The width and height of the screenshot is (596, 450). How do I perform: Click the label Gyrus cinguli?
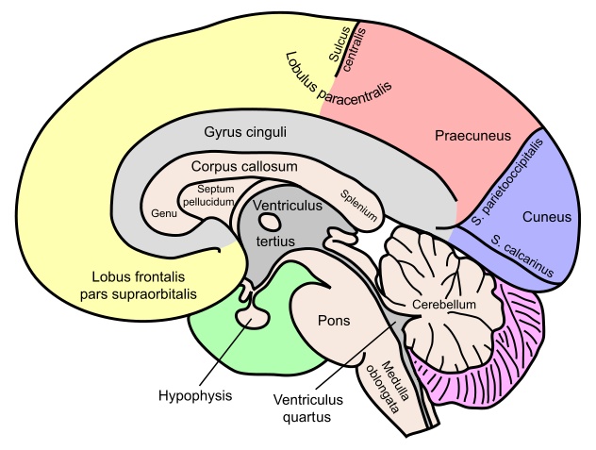pyautogui.click(x=245, y=132)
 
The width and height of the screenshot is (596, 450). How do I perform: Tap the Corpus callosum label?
pyautogui.click(x=244, y=167)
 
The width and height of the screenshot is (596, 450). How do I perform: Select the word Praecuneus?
pyautogui.click(x=472, y=136)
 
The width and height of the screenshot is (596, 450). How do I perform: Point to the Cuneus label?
pyautogui.click(x=547, y=217)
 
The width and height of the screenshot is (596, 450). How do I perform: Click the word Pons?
pyautogui.click(x=334, y=321)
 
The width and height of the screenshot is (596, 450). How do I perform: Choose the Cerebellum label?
pyautogui.click(x=444, y=305)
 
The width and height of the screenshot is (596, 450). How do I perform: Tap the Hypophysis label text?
pyautogui.click(x=195, y=396)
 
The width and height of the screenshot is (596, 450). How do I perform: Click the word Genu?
pyautogui.click(x=164, y=213)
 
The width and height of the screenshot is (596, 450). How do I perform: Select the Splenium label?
pyautogui.click(x=358, y=206)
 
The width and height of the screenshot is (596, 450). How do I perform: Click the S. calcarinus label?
pyautogui.click(x=521, y=256)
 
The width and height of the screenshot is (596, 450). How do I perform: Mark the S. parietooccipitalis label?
pyautogui.click(x=507, y=182)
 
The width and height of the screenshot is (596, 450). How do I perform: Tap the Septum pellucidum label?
pyautogui.click(x=208, y=195)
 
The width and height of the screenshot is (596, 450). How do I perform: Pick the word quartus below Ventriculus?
pyautogui.click(x=307, y=417)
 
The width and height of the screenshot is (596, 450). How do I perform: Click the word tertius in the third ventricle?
pyautogui.click(x=275, y=242)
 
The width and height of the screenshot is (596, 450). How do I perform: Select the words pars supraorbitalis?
pyautogui.click(x=139, y=294)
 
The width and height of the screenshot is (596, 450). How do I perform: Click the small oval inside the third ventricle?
pyautogui.click(x=271, y=222)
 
